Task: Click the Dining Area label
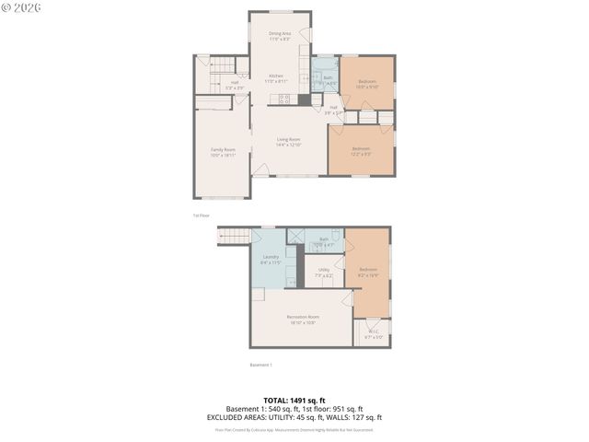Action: click(280, 36)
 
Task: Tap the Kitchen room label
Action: click(276, 78)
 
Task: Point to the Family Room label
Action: click(223, 152)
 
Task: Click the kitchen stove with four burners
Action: click(284, 99)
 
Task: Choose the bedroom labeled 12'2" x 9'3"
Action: click(360, 151)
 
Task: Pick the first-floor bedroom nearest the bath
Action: click(367, 84)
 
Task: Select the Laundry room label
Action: click(271, 260)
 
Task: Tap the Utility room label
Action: click(324, 272)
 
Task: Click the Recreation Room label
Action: click(300, 320)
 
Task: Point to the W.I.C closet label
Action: click(373, 334)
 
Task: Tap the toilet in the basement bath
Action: click(336, 236)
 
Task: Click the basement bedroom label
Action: click(367, 272)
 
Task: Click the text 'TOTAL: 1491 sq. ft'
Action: click(294, 401)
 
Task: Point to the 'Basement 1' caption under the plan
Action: click(261, 365)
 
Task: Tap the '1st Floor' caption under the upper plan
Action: click(202, 215)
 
